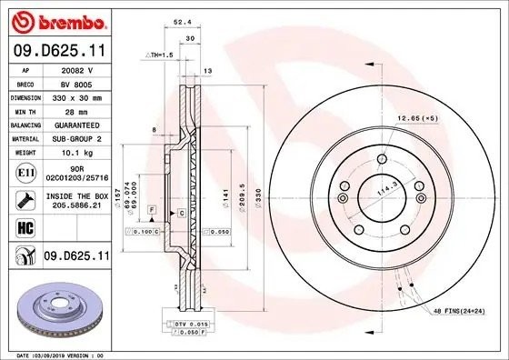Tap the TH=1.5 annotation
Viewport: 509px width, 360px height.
click(x=158, y=56)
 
